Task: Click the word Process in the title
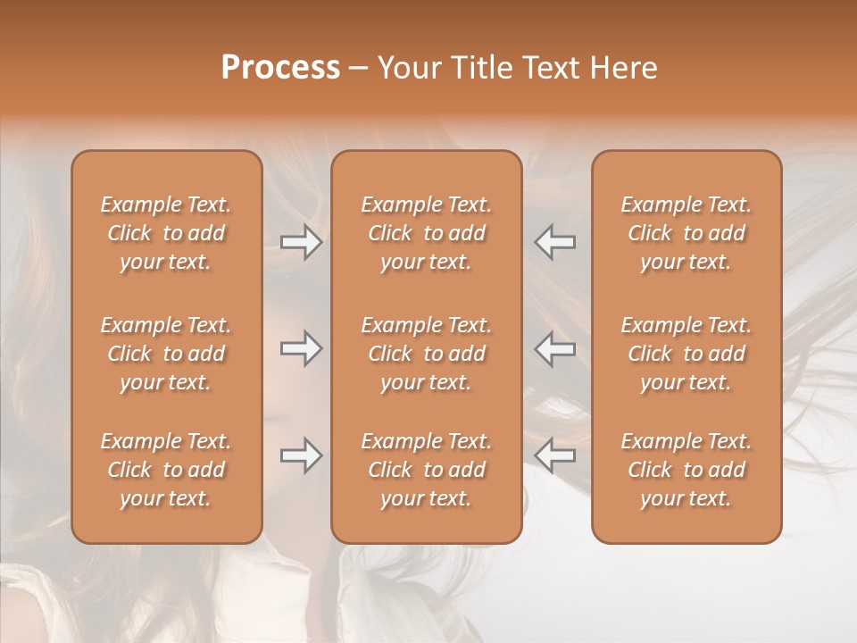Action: point(280,68)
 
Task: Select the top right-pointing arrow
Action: point(301,242)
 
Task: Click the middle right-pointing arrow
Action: point(301,348)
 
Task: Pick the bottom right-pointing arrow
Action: point(301,455)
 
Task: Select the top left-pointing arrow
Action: point(555,242)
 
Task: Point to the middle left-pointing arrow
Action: point(555,348)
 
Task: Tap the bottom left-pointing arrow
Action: point(555,455)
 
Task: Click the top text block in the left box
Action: point(166,233)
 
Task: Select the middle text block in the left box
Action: point(166,354)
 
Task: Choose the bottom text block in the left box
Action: point(166,470)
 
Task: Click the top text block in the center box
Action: point(427,233)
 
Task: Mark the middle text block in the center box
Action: point(427,354)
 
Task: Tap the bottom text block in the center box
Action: point(427,470)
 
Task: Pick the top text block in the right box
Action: point(686,233)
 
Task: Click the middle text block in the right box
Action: point(686,354)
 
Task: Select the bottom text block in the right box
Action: point(686,470)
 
